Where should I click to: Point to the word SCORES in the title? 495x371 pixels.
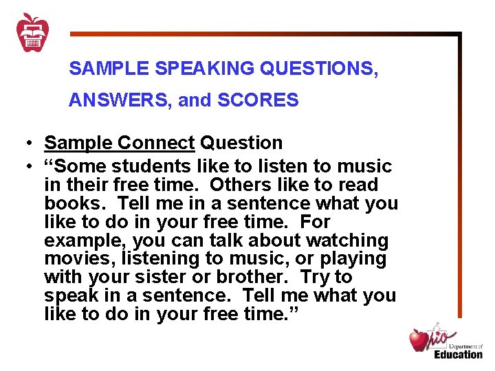pos(258,101)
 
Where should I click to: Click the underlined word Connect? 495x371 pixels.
pos(156,143)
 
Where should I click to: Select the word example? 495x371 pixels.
pos(85,240)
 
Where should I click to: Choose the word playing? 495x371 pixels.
pos(353,259)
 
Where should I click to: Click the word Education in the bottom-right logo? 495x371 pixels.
pos(458,355)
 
